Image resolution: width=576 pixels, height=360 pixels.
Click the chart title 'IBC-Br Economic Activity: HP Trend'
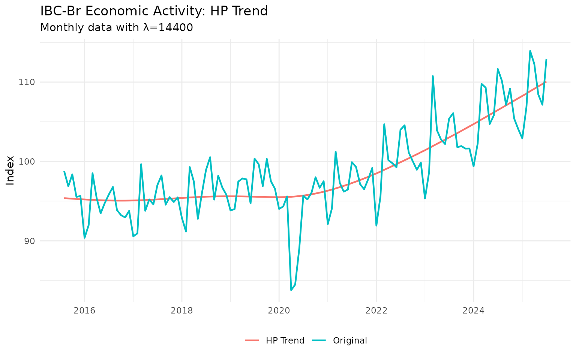click(x=154, y=11)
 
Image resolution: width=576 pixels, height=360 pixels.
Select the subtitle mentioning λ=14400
click(x=116, y=28)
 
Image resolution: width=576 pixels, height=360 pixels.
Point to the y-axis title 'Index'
click(x=10, y=170)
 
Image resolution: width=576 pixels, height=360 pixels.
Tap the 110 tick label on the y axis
click(x=27, y=82)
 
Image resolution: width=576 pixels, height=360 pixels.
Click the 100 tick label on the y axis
click(x=27, y=162)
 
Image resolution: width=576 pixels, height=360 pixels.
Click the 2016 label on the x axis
click(x=84, y=310)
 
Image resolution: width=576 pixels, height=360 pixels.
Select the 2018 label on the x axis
click(x=181, y=310)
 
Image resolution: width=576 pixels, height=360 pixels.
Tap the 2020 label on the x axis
click(x=279, y=310)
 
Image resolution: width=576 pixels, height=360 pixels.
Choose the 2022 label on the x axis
click(x=376, y=310)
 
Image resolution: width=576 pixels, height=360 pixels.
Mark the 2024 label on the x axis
click(x=473, y=310)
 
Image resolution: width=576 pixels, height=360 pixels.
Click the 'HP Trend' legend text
click(x=285, y=340)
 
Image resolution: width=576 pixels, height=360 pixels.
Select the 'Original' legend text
click(x=350, y=340)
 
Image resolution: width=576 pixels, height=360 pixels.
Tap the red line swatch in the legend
click(x=252, y=340)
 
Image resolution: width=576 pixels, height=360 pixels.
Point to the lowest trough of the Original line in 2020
click(x=291, y=290)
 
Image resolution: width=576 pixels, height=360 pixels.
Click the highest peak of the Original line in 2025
click(x=530, y=51)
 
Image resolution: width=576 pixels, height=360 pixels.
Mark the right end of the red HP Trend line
click(x=546, y=82)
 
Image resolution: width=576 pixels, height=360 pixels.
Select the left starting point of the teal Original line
click(x=64, y=171)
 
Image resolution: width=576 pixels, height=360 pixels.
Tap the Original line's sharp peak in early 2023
click(x=433, y=76)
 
